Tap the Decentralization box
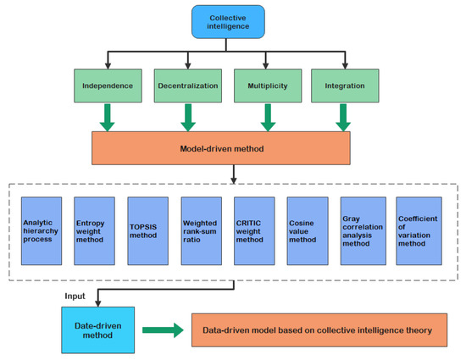(x=186, y=86)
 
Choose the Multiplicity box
(x=264, y=86)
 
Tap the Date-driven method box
(x=96, y=330)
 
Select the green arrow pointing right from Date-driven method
(x=162, y=330)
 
